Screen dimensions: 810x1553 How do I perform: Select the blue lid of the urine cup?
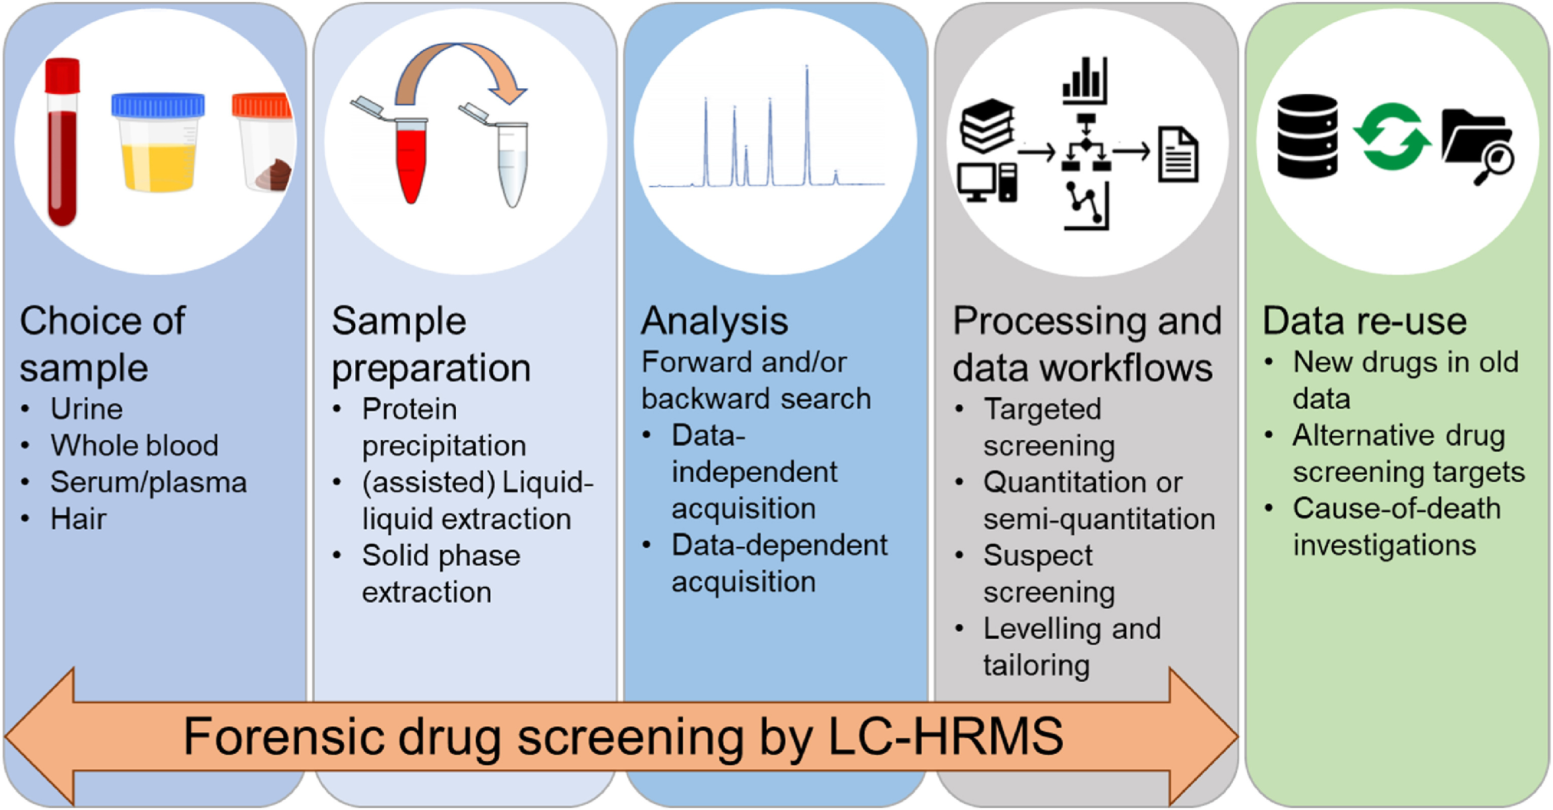[158, 105]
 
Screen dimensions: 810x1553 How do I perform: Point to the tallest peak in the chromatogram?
[807, 121]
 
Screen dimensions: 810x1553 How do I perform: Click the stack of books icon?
[988, 125]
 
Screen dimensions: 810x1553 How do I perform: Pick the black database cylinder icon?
[1307, 136]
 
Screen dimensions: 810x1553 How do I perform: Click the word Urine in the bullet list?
[87, 409]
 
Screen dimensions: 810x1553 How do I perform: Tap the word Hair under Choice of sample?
[78, 519]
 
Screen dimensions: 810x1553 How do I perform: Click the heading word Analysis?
[715, 321]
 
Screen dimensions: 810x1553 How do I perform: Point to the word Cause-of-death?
[1396, 509]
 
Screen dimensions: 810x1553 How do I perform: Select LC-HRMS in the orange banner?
[946, 736]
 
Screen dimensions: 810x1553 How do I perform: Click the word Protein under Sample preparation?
[410, 409]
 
